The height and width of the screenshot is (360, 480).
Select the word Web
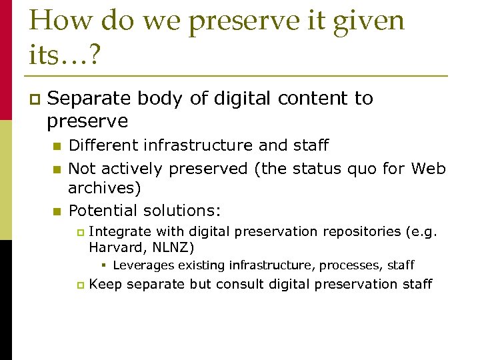coord(428,169)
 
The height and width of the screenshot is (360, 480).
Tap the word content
coord(313,99)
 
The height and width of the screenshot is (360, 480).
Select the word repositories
coord(360,231)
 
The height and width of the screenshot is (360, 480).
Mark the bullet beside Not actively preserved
coord(57,169)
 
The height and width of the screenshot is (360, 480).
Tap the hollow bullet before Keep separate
coord(79,285)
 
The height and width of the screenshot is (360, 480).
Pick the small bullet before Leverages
coord(106,265)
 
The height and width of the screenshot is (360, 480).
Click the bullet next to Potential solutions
coord(57,211)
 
